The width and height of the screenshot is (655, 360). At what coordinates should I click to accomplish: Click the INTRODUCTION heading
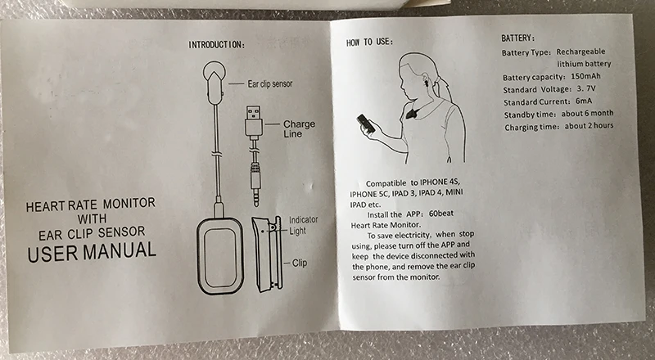point(216,43)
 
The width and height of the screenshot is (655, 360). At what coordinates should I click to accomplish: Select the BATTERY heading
point(518,38)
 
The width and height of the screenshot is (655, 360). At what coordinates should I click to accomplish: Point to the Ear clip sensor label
point(270,83)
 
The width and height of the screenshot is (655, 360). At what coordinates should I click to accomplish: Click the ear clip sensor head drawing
point(214,76)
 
